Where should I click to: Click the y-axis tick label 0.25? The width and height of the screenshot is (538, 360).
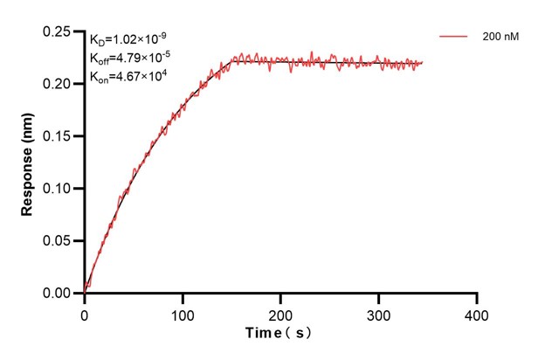[x=59, y=31]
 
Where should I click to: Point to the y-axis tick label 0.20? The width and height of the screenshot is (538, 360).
[x=59, y=84]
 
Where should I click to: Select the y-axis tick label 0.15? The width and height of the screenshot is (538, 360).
[x=59, y=136]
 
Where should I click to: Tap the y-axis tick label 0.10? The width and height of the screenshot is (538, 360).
[x=59, y=189]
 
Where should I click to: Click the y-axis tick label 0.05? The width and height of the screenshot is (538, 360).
[x=59, y=241]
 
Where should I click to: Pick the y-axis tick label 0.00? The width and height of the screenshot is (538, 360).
[x=59, y=294]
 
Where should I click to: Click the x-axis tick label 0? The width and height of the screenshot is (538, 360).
[x=85, y=312]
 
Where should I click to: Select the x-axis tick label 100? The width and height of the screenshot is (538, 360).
[x=183, y=312]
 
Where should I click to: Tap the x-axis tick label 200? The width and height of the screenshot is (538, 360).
[x=280, y=312]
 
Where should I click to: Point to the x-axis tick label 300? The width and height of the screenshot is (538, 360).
[x=378, y=312]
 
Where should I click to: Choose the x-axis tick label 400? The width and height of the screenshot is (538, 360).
[x=476, y=312]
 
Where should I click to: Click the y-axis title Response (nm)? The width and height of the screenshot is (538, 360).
[x=27, y=163]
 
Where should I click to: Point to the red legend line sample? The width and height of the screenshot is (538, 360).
[x=454, y=38]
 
